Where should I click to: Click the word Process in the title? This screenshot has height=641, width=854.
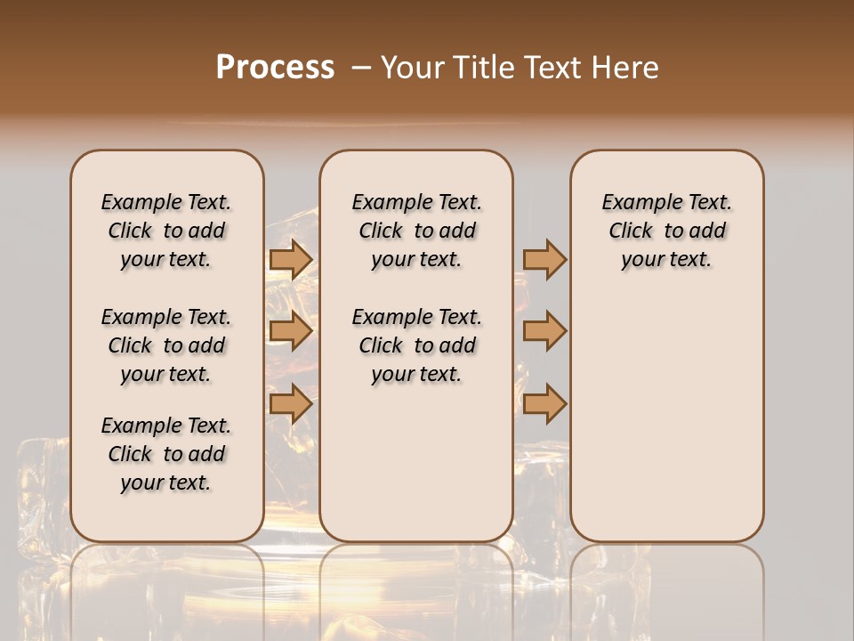(275, 68)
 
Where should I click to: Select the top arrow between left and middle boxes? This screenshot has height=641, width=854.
(291, 260)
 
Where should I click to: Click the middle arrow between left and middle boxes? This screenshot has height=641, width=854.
(291, 332)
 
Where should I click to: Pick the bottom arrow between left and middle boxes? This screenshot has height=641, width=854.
(291, 403)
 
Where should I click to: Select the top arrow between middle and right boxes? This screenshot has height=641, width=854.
(544, 260)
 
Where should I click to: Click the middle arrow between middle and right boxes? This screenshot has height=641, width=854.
(544, 332)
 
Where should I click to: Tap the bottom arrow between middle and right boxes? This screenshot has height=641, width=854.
(544, 403)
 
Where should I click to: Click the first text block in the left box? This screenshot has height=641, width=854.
(166, 231)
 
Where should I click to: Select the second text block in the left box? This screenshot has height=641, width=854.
(166, 345)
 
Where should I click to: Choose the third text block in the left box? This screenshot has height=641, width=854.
(166, 454)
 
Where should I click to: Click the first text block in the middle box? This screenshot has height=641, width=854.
(416, 231)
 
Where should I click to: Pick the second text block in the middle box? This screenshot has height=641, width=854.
(416, 345)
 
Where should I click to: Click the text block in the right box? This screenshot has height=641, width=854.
(666, 231)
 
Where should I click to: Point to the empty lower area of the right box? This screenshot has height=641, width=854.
(666, 427)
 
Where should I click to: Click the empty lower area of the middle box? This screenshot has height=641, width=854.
(416, 463)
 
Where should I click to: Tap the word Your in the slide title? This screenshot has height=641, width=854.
(414, 68)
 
